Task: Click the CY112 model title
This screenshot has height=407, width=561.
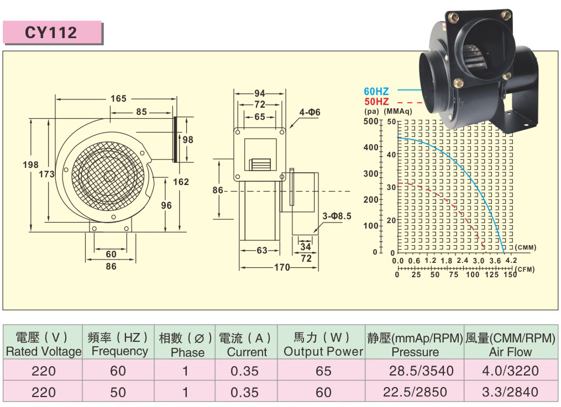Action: [x=51, y=33]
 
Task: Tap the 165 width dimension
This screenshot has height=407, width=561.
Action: [x=118, y=99]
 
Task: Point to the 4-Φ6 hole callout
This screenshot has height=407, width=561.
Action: [x=310, y=113]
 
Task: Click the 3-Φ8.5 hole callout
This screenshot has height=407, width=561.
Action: [x=337, y=216]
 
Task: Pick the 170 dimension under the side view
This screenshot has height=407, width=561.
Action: [x=282, y=268]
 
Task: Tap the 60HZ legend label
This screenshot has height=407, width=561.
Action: [x=376, y=91]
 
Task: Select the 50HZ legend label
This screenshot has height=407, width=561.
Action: [x=376, y=102]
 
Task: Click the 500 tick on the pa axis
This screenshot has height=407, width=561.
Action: [x=370, y=121]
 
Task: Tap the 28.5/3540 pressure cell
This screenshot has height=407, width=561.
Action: [x=415, y=371]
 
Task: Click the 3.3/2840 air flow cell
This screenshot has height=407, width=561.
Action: [x=510, y=392]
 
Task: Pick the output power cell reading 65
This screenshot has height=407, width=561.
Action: [x=323, y=371]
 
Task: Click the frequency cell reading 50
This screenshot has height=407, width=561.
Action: [x=118, y=392]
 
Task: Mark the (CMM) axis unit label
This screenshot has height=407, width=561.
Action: [x=525, y=247]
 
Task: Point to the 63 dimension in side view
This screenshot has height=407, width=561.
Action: [x=262, y=251]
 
